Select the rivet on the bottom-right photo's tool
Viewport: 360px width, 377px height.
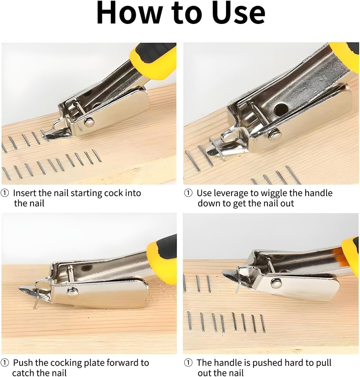click(x=276, y=283)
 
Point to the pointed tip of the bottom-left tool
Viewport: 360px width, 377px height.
click(x=21, y=290)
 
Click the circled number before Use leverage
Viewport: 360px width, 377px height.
click(x=188, y=193)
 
